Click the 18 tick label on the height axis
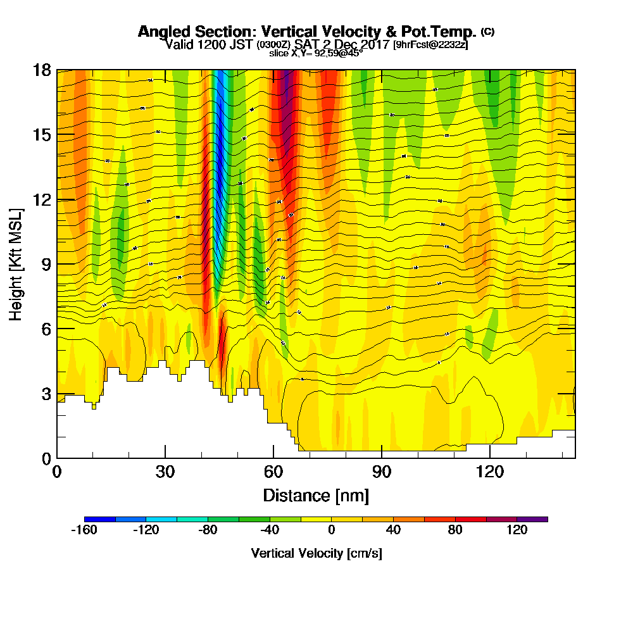coord(42,70)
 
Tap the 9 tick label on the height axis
coord(46,264)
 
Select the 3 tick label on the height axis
coord(46,394)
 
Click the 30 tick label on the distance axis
coord(165,472)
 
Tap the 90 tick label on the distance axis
coord(382,472)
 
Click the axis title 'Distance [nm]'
coord(316,494)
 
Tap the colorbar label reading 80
coord(455,530)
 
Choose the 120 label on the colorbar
coord(517,530)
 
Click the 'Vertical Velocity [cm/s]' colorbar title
coord(316,553)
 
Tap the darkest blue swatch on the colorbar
coord(99,519)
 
